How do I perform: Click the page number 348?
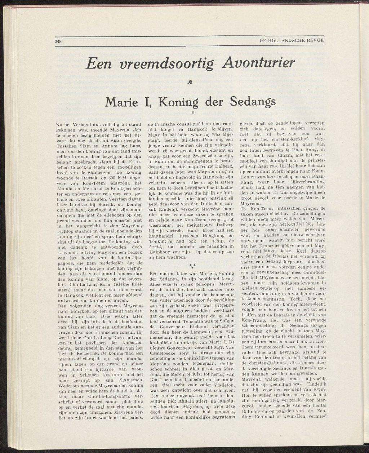58,41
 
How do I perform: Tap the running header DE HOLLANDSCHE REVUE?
292,40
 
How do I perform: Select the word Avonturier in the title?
259,64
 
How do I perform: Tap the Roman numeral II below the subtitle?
193,112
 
